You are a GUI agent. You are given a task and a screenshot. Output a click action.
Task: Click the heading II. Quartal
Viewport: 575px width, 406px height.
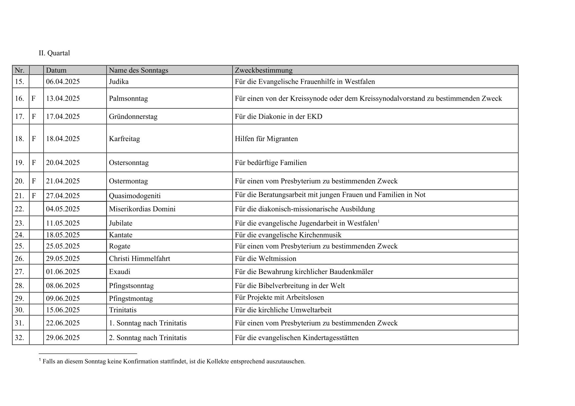pyautogui.click(x=54, y=53)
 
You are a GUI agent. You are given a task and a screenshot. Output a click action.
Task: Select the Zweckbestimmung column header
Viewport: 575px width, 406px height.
pyautogui.click(x=263, y=70)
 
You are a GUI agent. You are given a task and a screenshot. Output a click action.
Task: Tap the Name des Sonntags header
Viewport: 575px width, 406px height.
pyautogui.click(x=138, y=70)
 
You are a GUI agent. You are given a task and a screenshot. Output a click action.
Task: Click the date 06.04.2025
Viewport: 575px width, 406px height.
pyautogui.click(x=63, y=82)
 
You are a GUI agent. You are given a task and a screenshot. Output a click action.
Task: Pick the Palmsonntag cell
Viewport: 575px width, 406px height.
pyautogui.click(x=128, y=99)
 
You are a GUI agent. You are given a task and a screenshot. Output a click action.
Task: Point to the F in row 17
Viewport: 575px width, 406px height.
pyautogui.click(x=33, y=117)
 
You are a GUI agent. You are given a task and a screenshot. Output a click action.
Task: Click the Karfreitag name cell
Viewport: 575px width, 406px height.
pyautogui.click(x=124, y=139)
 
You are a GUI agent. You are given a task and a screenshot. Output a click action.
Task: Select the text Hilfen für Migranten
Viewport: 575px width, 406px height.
pyautogui.click(x=266, y=139)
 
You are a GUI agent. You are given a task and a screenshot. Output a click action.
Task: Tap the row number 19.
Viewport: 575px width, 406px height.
pyautogui.click(x=19, y=163)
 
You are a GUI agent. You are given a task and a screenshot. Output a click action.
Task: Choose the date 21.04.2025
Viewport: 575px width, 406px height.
pyautogui.click(x=63, y=181)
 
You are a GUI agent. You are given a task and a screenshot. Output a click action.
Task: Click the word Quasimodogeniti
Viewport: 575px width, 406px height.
pyautogui.click(x=135, y=196)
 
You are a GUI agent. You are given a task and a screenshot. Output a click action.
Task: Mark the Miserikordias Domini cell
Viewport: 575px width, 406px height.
pyautogui.click(x=142, y=209)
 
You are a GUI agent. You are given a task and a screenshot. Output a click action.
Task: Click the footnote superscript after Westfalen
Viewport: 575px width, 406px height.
pyautogui.click(x=379, y=222)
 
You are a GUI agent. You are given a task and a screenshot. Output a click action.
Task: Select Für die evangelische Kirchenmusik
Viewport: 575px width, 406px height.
pyautogui.click(x=288, y=235)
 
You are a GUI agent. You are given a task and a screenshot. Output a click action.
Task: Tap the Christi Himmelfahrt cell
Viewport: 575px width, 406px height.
pyautogui.click(x=139, y=259)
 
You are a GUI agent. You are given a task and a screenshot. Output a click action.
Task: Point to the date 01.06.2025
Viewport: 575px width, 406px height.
pyautogui.click(x=63, y=272)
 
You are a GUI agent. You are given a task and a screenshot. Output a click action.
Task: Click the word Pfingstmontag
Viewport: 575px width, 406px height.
pyautogui.click(x=131, y=299)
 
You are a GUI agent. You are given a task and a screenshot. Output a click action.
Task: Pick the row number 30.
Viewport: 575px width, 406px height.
pyautogui.click(x=19, y=310)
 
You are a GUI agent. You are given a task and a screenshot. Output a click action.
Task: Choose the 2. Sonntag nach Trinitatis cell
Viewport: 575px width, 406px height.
pyautogui.click(x=148, y=338)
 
